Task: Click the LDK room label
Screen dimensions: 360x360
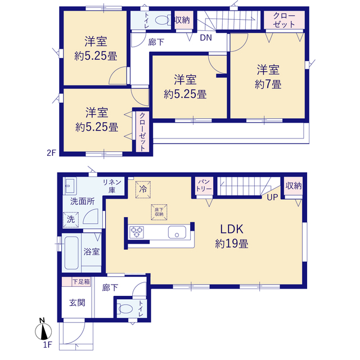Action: pyautogui.click(x=232, y=229)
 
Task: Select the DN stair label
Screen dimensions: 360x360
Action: pyautogui.click(x=206, y=38)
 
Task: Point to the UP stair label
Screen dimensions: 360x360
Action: pyautogui.click(x=272, y=197)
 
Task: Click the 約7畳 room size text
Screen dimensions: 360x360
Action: pyautogui.click(x=268, y=84)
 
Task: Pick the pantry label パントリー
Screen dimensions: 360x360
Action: pyautogui.click(x=204, y=185)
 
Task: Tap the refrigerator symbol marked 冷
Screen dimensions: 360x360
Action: pyautogui.click(x=143, y=190)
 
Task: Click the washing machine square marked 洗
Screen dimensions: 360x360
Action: pyautogui.click(x=71, y=220)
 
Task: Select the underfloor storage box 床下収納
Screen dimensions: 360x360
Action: pyautogui.click(x=159, y=212)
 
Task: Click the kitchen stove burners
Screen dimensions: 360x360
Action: pyautogui.click(x=137, y=232)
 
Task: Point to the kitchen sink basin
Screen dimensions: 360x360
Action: pyautogui.click(x=177, y=232)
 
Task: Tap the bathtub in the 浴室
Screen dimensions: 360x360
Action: pyautogui.click(x=71, y=253)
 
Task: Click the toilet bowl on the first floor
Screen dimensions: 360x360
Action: pyautogui.click(x=125, y=309)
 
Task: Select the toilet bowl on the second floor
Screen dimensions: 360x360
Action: pyautogui.click(x=163, y=20)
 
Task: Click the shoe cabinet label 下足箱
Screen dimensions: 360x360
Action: pyautogui.click(x=81, y=282)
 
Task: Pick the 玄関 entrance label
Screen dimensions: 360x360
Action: pyautogui.click(x=77, y=303)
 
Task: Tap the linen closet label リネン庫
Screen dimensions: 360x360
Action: pyautogui.click(x=112, y=186)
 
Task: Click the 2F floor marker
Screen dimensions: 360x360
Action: pyautogui.click(x=51, y=153)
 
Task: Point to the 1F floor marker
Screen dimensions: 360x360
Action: pyautogui.click(x=48, y=345)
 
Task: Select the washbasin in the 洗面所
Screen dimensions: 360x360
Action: pyautogui.click(x=70, y=186)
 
